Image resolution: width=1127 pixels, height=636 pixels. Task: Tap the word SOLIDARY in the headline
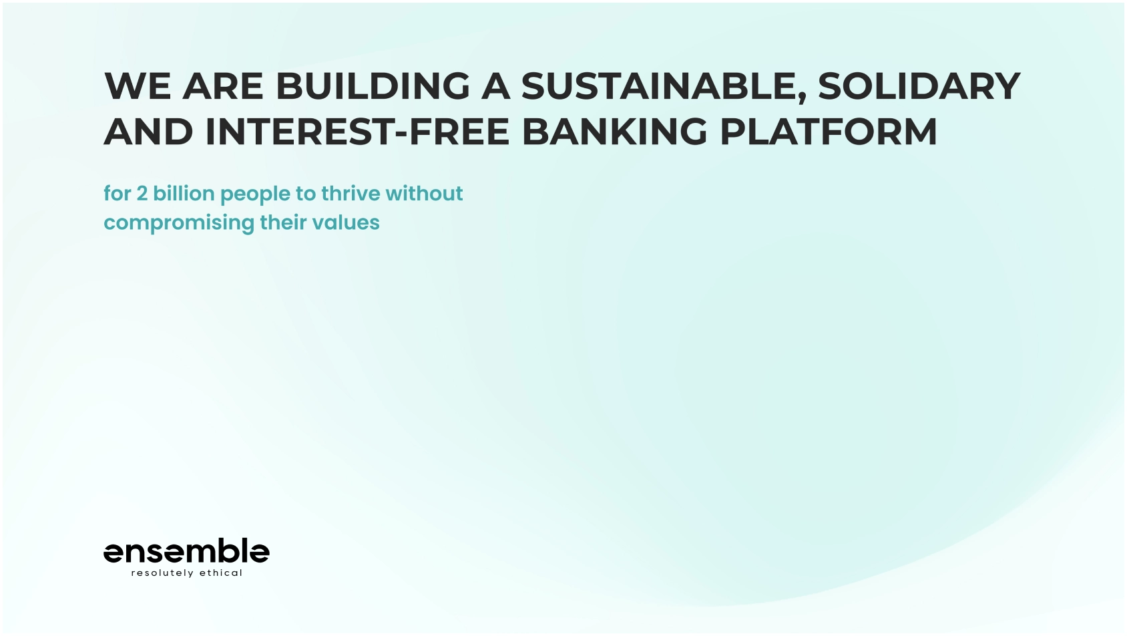coord(919,86)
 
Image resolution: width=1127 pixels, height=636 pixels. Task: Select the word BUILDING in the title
coord(373,86)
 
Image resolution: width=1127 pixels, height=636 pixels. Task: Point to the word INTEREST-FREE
coord(357,132)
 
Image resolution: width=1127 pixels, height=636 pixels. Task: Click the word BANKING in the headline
coord(615,132)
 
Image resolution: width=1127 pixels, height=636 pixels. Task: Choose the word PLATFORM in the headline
coord(829,132)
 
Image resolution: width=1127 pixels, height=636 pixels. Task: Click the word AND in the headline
coord(148,132)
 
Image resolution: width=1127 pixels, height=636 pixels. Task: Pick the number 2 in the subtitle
coord(142,194)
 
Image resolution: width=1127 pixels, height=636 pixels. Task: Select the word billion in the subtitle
coord(184,193)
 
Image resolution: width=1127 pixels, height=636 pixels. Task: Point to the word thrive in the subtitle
coord(351,193)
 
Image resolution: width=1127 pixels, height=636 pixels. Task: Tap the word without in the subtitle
coord(424,193)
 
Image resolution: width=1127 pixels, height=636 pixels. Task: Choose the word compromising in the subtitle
coord(179,224)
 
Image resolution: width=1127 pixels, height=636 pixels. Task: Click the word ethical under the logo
coord(221,573)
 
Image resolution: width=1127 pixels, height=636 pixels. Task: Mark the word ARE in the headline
coord(223,86)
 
